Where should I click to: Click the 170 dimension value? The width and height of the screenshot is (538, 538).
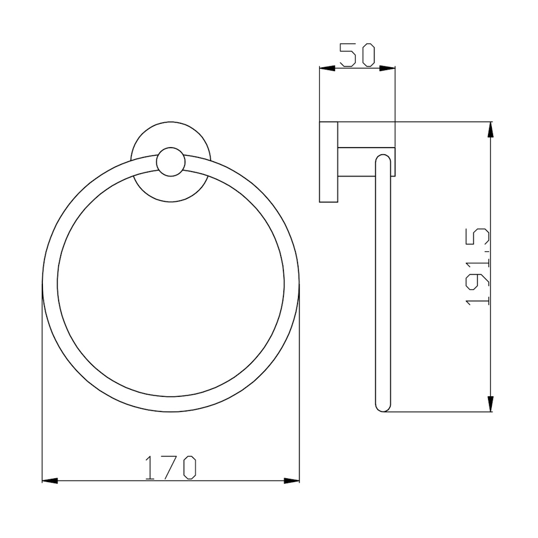170,467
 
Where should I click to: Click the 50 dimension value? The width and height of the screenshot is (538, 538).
357,55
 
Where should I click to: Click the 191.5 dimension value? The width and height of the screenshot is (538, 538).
477,267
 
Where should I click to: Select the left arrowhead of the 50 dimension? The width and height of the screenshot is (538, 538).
327,68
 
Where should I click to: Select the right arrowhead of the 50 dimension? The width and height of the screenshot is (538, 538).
387,68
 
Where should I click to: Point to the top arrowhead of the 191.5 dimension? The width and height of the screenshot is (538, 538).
491,130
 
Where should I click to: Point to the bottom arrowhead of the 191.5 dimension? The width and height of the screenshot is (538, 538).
491,403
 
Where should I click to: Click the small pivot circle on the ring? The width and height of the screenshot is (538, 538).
170,162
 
